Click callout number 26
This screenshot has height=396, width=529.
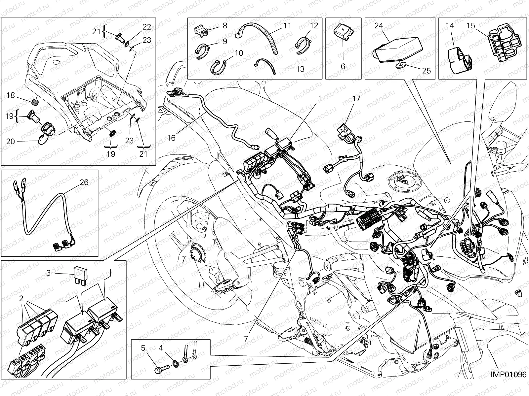click(x=84, y=182)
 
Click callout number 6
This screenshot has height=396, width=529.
click(x=343, y=66)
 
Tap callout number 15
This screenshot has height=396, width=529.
click(x=471, y=25)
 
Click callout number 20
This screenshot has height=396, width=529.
click(x=11, y=141)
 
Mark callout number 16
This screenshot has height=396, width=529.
click(x=171, y=138)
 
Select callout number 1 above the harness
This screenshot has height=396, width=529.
click(x=320, y=98)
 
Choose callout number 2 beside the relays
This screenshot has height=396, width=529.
click(x=21, y=299)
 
